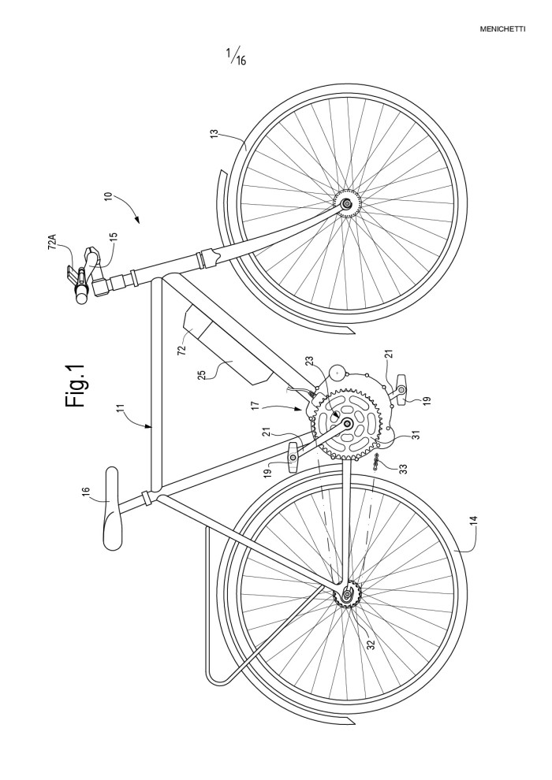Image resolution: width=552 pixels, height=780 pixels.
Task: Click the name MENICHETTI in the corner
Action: pyautogui.click(x=502, y=29)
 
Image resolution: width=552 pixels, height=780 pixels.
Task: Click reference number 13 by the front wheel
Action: pyautogui.click(x=214, y=134)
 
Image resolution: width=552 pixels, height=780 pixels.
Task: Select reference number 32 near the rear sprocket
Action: pyautogui.click(x=371, y=644)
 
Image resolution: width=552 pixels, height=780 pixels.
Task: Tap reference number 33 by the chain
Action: pyautogui.click(x=403, y=468)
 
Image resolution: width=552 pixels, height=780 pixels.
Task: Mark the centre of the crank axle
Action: pyautogui.click(x=346, y=424)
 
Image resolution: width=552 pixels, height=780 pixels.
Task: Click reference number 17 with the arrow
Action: pyautogui.click(x=255, y=407)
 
